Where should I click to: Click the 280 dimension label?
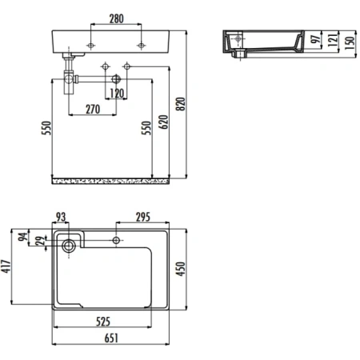pos(117,17)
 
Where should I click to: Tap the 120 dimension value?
pos(117,94)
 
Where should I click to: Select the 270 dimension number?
pos(93,109)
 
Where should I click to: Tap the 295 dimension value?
pos(144,217)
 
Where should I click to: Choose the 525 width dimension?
pos(105,322)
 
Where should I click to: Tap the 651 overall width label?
pos(113,338)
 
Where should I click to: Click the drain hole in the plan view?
pos(68,243)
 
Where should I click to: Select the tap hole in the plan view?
pos(117,240)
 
